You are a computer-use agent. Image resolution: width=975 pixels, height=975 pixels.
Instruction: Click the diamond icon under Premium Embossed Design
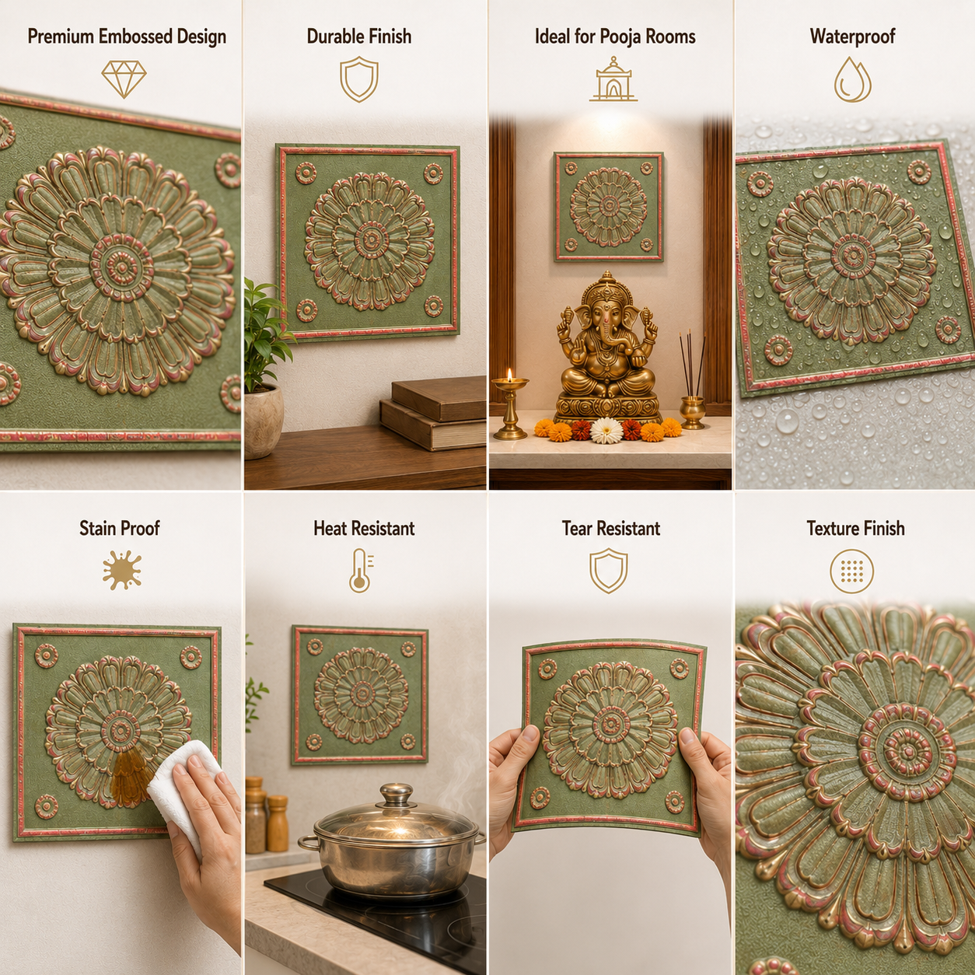[124, 79]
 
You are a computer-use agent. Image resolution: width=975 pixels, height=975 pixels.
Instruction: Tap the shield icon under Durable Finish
[359, 79]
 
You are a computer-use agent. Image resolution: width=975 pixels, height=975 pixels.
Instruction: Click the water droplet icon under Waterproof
[853, 79]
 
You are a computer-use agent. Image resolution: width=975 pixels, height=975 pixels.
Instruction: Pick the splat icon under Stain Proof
[122, 570]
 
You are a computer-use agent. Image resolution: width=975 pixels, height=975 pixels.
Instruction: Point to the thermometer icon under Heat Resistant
[361, 570]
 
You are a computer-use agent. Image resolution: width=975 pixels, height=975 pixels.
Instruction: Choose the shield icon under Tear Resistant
[609, 570]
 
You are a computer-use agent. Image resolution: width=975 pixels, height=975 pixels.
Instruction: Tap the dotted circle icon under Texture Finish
[852, 571]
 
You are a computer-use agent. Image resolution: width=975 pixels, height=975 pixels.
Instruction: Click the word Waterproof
[853, 37]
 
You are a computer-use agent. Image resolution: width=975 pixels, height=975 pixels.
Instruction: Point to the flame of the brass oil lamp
[510, 375]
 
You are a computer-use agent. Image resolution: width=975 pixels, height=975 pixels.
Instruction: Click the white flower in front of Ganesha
[606, 431]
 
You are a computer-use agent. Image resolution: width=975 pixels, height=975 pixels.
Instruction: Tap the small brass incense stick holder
[692, 412]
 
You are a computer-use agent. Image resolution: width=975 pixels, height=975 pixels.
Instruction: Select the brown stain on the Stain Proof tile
[129, 777]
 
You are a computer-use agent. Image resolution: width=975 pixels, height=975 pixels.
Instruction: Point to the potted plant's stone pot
[263, 421]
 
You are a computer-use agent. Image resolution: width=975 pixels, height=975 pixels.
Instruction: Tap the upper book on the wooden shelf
[439, 398]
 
